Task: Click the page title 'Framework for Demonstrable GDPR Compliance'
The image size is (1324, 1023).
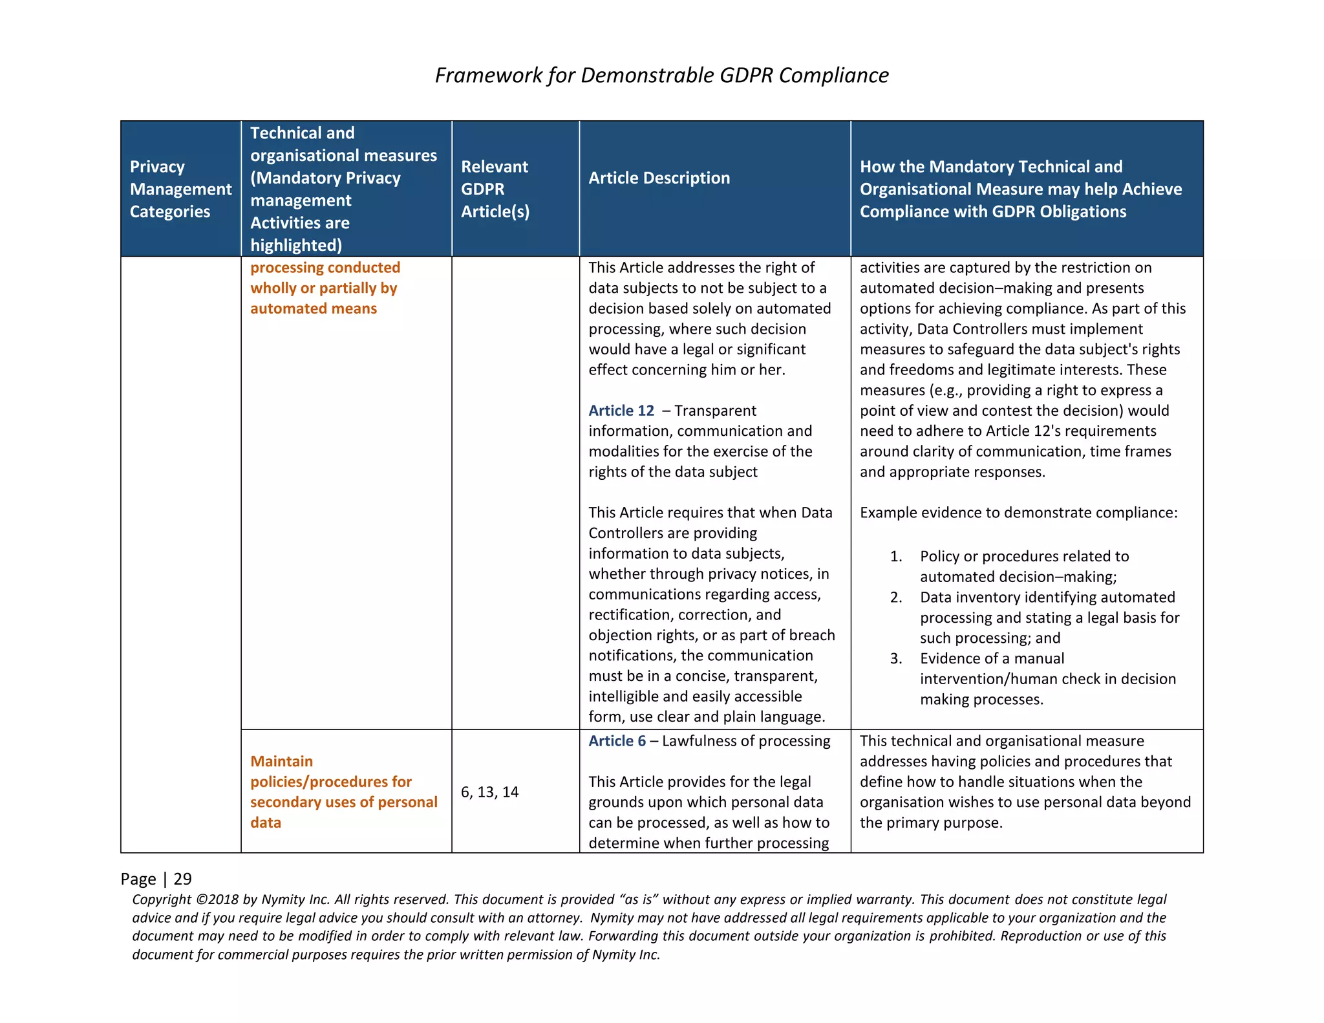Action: pos(661,75)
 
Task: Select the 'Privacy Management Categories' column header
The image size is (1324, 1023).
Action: pos(180,189)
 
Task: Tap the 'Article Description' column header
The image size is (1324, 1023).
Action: pos(659,178)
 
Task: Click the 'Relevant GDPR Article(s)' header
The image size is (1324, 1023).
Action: pos(495,189)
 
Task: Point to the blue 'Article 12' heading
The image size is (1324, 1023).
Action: pos(621,411)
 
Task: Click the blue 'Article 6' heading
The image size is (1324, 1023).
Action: pos(616,741)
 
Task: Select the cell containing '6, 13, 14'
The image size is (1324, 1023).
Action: pos(489,792)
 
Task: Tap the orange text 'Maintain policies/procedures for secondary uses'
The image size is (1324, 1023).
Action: pos(343,791)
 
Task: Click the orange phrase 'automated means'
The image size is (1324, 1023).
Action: pos(314,308)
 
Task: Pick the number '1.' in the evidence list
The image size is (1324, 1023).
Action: pos(895,557)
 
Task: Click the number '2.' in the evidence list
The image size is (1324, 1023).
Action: pos(895,598)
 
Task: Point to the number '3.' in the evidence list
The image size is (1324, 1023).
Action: pos(895,659)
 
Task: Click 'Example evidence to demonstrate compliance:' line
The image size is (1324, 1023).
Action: pos(1018,513)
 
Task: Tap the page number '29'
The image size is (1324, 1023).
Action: pos(182,879)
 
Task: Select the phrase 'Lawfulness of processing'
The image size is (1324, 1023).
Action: pos(745,741)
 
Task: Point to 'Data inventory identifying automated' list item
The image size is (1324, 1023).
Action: pos(1047,598)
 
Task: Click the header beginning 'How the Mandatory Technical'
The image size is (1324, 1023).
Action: pos(1020,189)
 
